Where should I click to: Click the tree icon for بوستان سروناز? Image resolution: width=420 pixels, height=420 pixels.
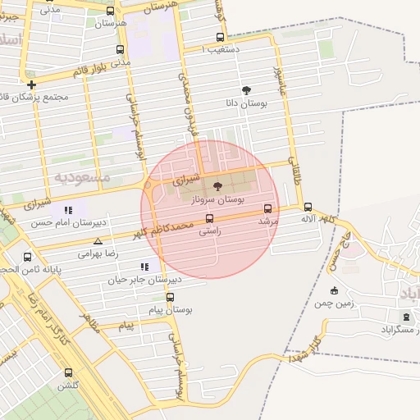click(217, 187)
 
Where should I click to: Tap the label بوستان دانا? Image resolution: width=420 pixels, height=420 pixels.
click(245, 104)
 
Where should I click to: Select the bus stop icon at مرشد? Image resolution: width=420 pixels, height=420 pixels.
click(267, 208)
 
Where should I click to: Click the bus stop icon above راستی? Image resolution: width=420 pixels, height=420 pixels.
click(209, 218)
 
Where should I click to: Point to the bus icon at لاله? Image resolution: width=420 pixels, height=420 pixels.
click(308, 208)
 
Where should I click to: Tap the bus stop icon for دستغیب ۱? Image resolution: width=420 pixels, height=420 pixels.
click(219, 37)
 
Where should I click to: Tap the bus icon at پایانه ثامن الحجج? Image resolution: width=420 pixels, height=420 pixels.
click(27, 257)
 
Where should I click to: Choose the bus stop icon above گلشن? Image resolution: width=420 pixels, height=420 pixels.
click(68, 372)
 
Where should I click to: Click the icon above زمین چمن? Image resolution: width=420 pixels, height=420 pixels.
click(333, 290)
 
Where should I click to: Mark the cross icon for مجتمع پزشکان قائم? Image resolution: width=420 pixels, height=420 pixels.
click(31, 84)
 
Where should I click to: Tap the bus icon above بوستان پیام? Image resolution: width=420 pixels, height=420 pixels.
click(170, 298)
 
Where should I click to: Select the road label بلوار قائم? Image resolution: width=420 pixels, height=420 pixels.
click(90, 71)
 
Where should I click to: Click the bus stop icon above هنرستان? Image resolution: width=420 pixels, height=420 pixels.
click(111, 11)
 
